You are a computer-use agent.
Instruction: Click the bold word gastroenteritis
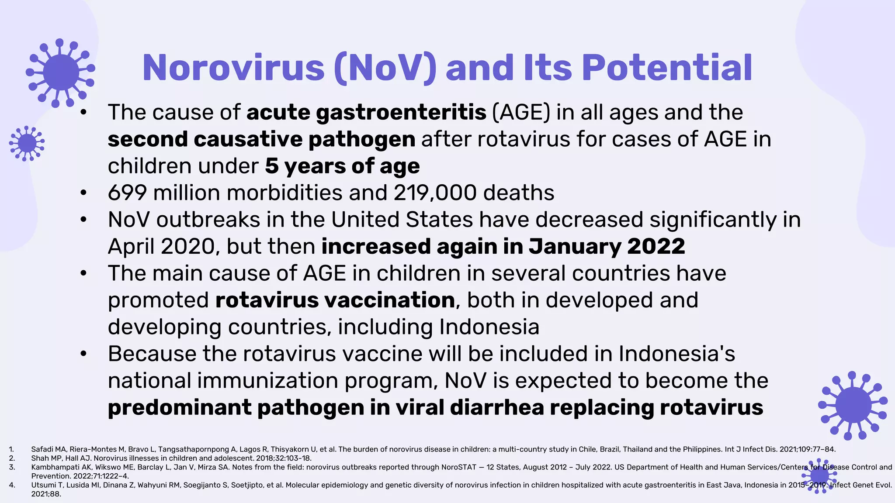point(401,112)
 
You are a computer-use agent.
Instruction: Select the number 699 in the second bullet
point(127,193)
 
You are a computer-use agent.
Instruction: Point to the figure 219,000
point(435,193)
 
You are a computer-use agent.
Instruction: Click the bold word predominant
point(179,407)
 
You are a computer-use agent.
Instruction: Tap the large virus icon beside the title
point(61,72)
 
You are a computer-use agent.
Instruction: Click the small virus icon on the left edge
point(27,143)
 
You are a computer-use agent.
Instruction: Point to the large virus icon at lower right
point(852,405)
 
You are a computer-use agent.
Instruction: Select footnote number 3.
point(12,467)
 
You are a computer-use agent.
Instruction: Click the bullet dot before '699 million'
point(83,193)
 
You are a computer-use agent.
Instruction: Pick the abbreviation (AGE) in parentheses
point(521,112)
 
